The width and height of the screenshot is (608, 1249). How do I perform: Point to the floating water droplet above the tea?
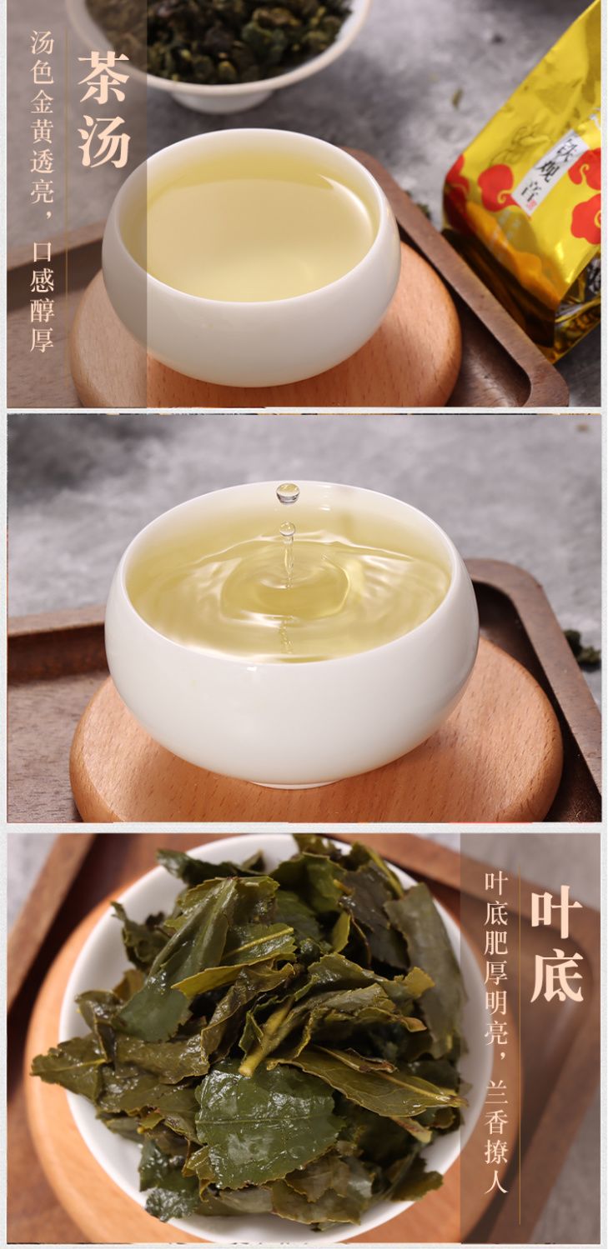pyautogui.click(x=287, y=493)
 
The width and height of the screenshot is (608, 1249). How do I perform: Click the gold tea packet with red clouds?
pyautogui.click(x=528, y=184)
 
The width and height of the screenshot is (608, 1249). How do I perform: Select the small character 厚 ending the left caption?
pyautogui.click(x=42, y=339)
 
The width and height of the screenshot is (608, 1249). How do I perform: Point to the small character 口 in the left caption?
pyautogui.click(x=42, y=252)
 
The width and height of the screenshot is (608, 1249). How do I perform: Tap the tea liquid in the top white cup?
pyautogui.click(x=251, y=228)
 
